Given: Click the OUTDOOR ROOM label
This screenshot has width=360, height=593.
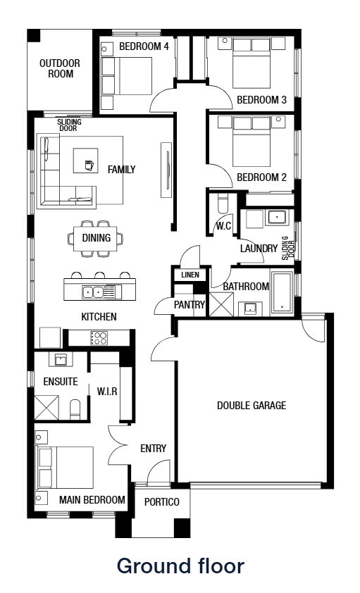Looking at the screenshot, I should coord(59,68).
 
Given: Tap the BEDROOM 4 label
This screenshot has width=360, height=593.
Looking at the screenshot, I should coord(144,46).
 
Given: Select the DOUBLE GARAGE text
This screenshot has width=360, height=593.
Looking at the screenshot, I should coord(252,406).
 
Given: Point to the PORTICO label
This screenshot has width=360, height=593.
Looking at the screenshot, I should coord(162,502).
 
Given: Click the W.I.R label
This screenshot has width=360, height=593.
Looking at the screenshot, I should coord(106,390).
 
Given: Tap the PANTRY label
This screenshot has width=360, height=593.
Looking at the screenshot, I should coord(190,305).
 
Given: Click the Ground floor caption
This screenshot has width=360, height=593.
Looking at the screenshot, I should coord(180,566).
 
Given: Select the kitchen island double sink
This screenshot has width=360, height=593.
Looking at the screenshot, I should coord(93,291).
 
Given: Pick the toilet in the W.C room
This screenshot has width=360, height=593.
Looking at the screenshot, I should coord(223,204).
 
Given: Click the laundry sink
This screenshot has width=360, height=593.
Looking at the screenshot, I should coord(275,218).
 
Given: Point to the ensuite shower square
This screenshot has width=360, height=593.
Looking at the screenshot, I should coord(47,408).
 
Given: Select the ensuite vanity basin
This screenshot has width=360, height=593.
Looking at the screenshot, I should coord(59,360).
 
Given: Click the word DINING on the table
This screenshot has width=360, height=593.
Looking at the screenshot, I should coord(96,238).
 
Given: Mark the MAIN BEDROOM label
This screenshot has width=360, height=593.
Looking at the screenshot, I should coord(92,500).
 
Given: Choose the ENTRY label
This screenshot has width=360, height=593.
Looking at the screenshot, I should coord(153,449).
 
